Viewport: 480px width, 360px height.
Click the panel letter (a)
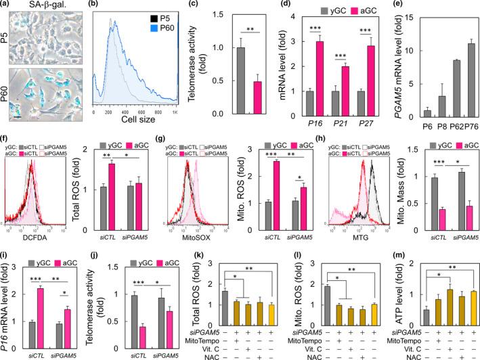[8, 6]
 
